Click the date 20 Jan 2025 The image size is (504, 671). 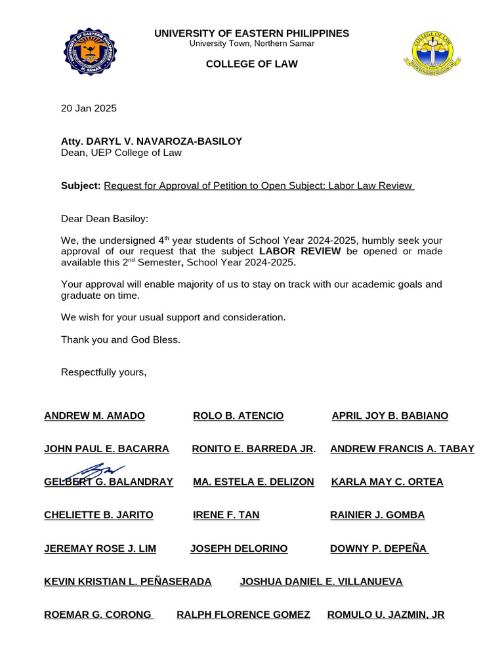tap(89, 108)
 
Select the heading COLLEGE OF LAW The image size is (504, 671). tap(251, 64)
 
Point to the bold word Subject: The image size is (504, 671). tap(81, 185)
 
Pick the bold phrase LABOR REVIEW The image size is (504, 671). tap(300, 251)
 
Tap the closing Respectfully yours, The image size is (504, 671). tap(104, 372)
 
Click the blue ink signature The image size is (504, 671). tap(98, 471)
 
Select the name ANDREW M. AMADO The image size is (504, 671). tap(94, 416)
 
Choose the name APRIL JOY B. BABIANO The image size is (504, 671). tap(390, 416)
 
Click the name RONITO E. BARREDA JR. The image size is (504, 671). tap(253, 449)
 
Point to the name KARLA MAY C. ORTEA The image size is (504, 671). tap(387, 482)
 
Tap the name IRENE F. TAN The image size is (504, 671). tap(226, 515)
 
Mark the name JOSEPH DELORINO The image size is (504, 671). tap(239, 548)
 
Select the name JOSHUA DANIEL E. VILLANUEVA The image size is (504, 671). tap(321, 581)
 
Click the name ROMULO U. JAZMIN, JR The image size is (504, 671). tap(386, 615)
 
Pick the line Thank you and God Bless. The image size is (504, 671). tap(120, 339)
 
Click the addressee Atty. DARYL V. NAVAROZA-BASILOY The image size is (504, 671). tap(152, 141)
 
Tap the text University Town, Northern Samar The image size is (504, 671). tap(251, 43)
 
